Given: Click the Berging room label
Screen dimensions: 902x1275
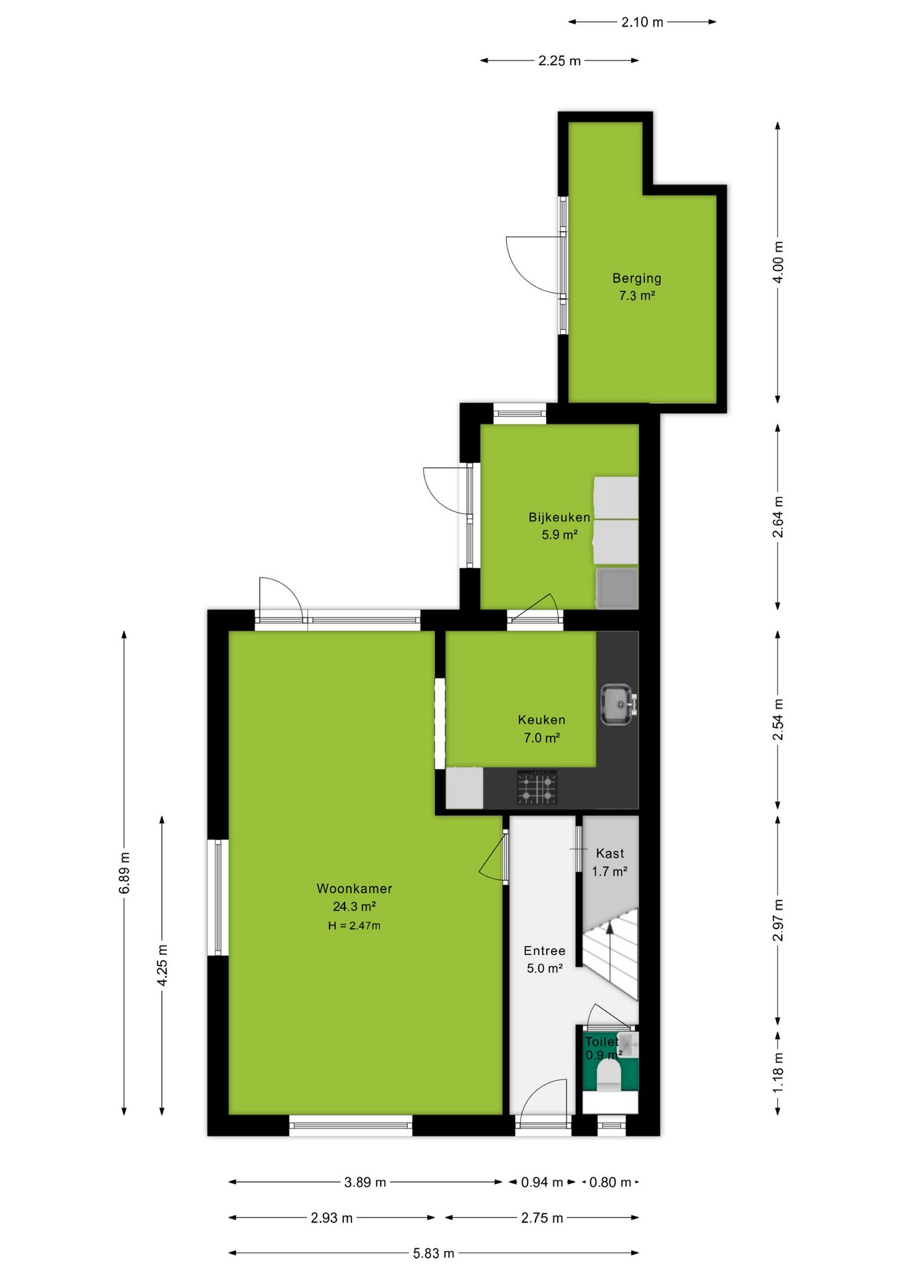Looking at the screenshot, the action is pyautogui.click(x=636, y=278).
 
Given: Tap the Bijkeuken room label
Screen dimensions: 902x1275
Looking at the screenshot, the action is pyautogui.click(x=559, y=517).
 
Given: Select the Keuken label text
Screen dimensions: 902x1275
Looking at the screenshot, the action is pyautogui.click(x=541, y=720).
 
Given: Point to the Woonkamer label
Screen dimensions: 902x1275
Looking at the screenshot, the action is pyautogui.click(x=354, y=889).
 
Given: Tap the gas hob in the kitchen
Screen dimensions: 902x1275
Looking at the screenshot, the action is pyautogui.click(x=537, y=788).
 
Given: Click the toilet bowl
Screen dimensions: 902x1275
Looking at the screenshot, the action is pyautogui.click(x=608, y=1075).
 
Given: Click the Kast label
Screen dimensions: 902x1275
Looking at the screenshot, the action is pyautogui.click(x=610, y=853).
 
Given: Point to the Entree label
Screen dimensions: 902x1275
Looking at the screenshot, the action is pyautogui.click(x=544, y=951).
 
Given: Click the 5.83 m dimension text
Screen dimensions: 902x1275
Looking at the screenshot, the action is pyautogui.click(x=434, y=1253).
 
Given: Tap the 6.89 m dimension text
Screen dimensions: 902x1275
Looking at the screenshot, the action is pyautogui.click(x=124, y=873).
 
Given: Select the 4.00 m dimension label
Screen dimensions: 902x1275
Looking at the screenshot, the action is pyautogui.click(x=778, y=262).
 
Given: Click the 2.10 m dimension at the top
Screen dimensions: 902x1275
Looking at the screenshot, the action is pyautogui.click(x=642, y=22).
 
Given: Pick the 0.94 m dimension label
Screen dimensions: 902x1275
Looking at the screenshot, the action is pyautogui.click(x=542, y=1182).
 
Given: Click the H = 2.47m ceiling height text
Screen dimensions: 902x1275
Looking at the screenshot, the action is pyautogui.click(x=354, y=926).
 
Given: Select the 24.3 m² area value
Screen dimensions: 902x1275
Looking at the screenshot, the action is pyautogui.click(x=354, y=906).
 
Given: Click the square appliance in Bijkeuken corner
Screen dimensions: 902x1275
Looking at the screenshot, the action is pyautogui.click(x=617, y=588).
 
